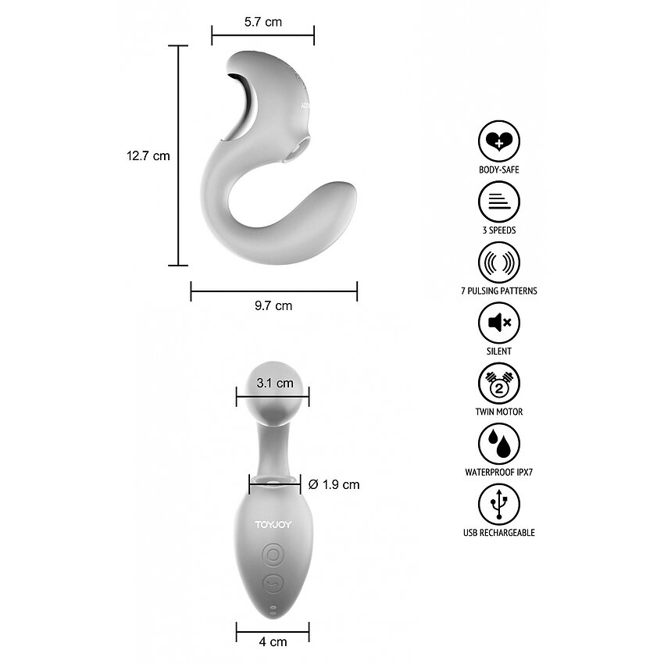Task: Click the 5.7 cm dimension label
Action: point(263,22)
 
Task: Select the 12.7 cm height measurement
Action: point(148,155)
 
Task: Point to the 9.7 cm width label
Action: point(273,305)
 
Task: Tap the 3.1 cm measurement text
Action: point(275,384)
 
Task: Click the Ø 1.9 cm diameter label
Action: point(334,484)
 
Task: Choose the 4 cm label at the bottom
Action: point(273,642)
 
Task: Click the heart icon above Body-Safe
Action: point(499,141)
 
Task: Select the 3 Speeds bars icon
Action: point(499,202)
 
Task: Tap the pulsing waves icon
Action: point(499,262)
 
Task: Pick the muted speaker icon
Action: point(499,323)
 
